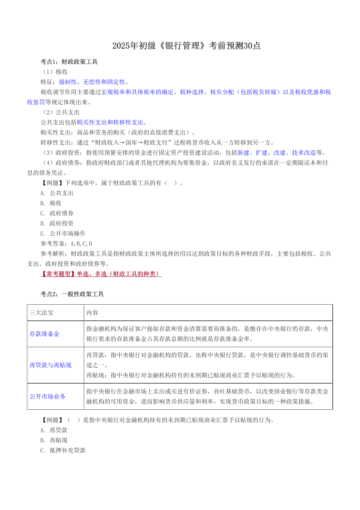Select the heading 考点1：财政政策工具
(69, 62)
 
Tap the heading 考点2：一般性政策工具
(72, 294)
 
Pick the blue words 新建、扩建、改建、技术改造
(276, 152)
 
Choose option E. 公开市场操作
(62, 233)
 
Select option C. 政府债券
(57, 213)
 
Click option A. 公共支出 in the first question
(57, 193)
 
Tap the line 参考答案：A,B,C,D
(66, 243)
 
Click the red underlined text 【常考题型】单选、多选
(101, 274)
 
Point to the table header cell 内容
(92, 312)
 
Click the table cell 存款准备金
(44, 334)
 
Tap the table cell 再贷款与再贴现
(50, 365)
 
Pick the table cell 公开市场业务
(47, 396)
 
